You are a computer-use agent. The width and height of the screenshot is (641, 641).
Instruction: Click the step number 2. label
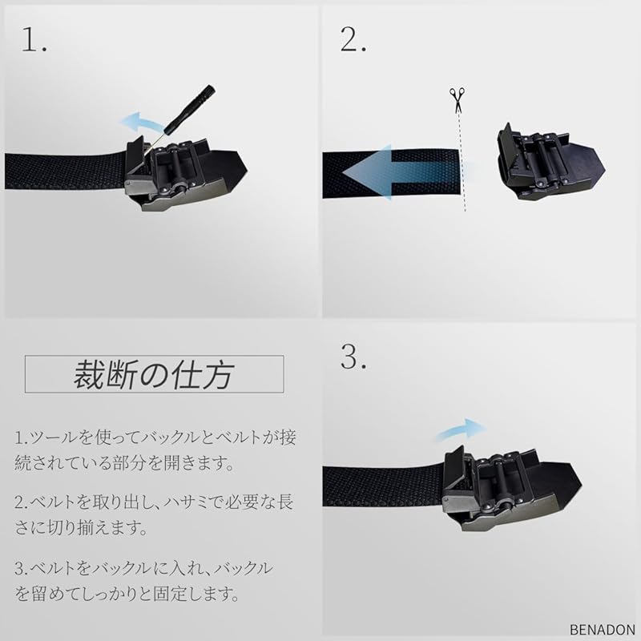point(353,39)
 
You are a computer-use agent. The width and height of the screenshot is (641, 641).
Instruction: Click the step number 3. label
point(353,358)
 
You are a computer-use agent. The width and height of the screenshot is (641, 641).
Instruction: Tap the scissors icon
point(457,100)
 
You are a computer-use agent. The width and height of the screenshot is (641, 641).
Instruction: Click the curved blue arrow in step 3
point(459,429)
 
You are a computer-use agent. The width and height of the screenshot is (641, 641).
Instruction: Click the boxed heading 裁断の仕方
point(154,373)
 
